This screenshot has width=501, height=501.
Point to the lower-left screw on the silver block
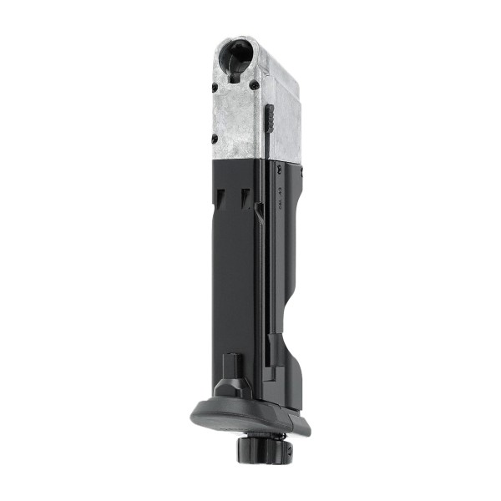point(215,138)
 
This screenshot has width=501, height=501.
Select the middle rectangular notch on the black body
point(245,197)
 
